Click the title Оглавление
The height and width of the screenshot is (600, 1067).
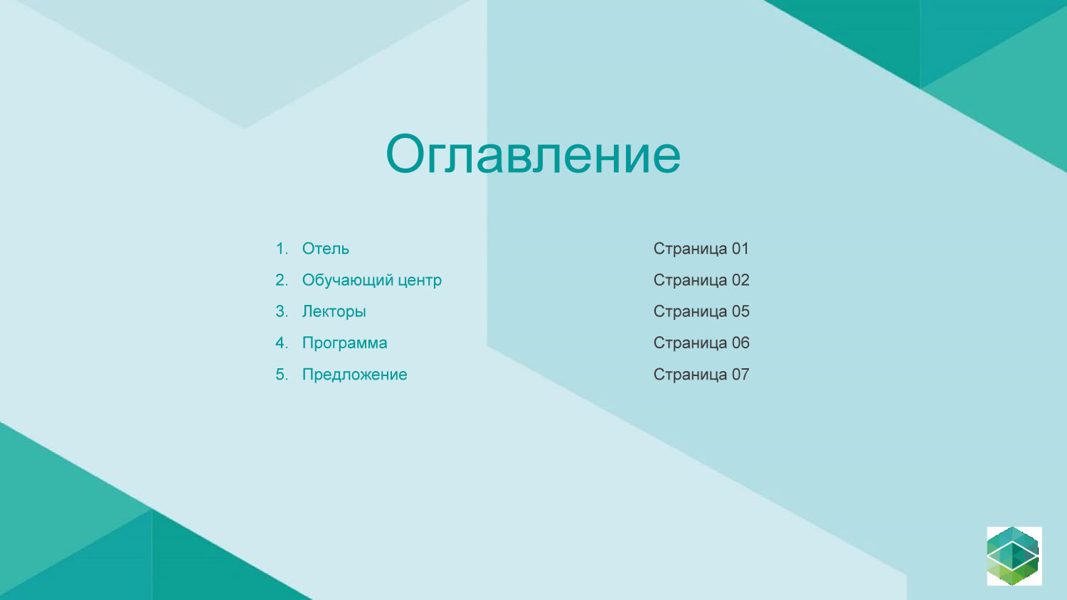point(533,154)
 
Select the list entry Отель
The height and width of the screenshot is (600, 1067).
point(325,249)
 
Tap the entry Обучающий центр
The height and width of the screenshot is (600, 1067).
point(371,280)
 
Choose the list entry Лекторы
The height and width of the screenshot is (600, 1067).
point(334,312)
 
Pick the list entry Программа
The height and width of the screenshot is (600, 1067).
point(344,343)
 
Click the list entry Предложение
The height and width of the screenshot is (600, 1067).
point(354,375)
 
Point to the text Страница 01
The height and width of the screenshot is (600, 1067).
point(701,249)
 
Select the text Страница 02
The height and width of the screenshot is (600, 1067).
point(701,280)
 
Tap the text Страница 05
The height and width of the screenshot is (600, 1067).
point(701,311)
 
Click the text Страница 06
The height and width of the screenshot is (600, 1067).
point(701,343)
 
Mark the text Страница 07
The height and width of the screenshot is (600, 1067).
point(701,375)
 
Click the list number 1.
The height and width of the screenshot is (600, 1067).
point(282,249)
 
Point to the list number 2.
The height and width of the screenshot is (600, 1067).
point(282,280)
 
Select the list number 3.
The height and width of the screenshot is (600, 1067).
point(282,311)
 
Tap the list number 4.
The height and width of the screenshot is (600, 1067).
point(282,343)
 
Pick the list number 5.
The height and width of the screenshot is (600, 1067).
point(282,375)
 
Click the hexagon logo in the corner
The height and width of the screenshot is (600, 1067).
point(1014,556)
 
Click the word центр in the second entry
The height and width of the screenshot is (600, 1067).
point(420,281)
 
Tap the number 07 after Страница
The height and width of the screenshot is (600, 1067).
point(740,375)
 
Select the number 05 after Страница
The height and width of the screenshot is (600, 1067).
point(740,311)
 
